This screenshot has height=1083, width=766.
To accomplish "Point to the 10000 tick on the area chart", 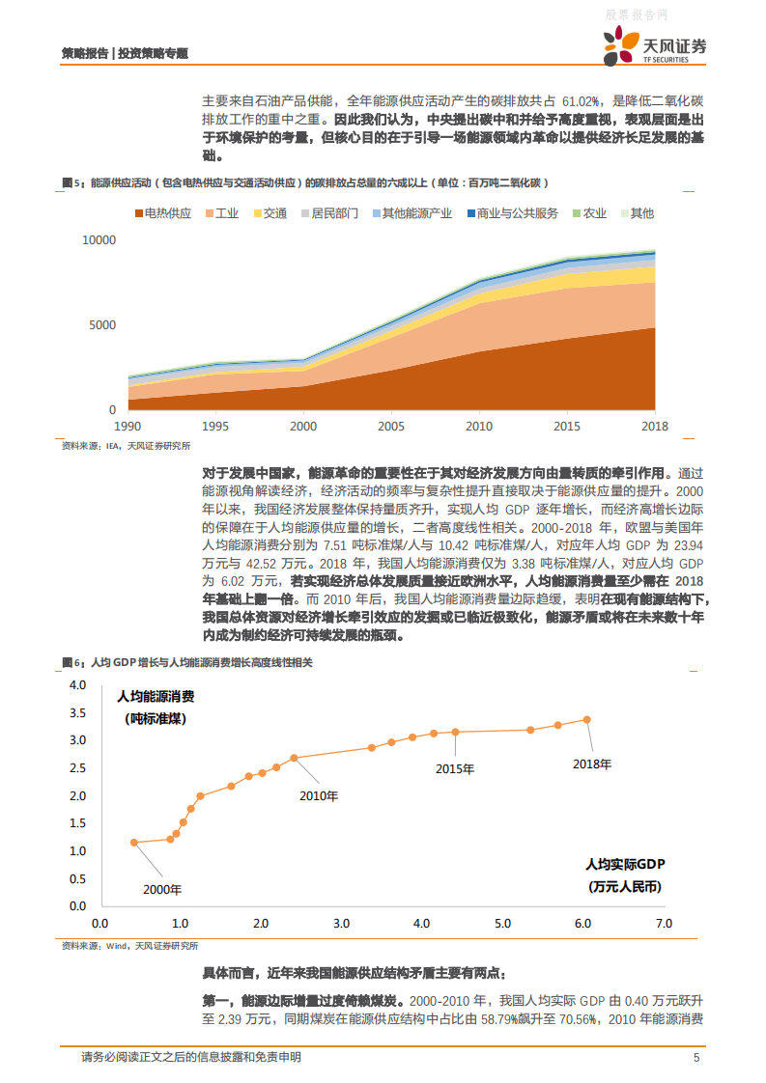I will [98, 239].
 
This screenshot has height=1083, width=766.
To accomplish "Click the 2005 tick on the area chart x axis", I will [391, 426].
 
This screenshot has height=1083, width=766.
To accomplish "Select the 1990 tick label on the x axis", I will [128, 426].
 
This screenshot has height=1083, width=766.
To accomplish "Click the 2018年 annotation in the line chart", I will [592, 764].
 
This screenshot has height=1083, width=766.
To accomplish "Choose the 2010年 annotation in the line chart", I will [319, 796].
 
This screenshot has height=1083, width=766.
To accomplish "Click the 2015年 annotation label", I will [454, 768].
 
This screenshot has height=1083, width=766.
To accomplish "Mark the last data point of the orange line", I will [586, 719].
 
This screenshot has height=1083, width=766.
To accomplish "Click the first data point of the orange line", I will [134, 843].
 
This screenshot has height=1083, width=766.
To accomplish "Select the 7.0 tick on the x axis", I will [663, 924].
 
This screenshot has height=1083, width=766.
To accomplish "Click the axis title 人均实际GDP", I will [626, 864].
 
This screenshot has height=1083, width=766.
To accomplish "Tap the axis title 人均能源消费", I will [156, 696].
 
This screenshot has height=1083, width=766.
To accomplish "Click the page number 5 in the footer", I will [696, 1058].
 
